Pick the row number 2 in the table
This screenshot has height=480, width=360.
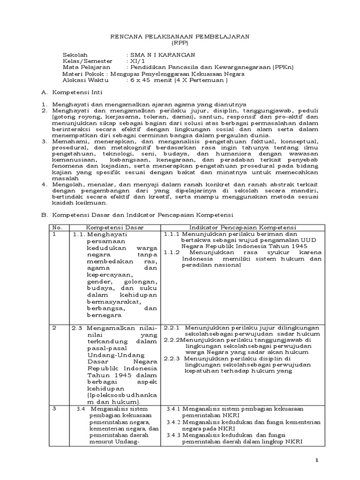click(x=54, y=327)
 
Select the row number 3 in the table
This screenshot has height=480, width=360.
click(x=54, y=409)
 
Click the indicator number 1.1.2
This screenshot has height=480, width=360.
click(x=172, y=252)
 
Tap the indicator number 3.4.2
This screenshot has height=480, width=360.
click(x=175, y=422)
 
